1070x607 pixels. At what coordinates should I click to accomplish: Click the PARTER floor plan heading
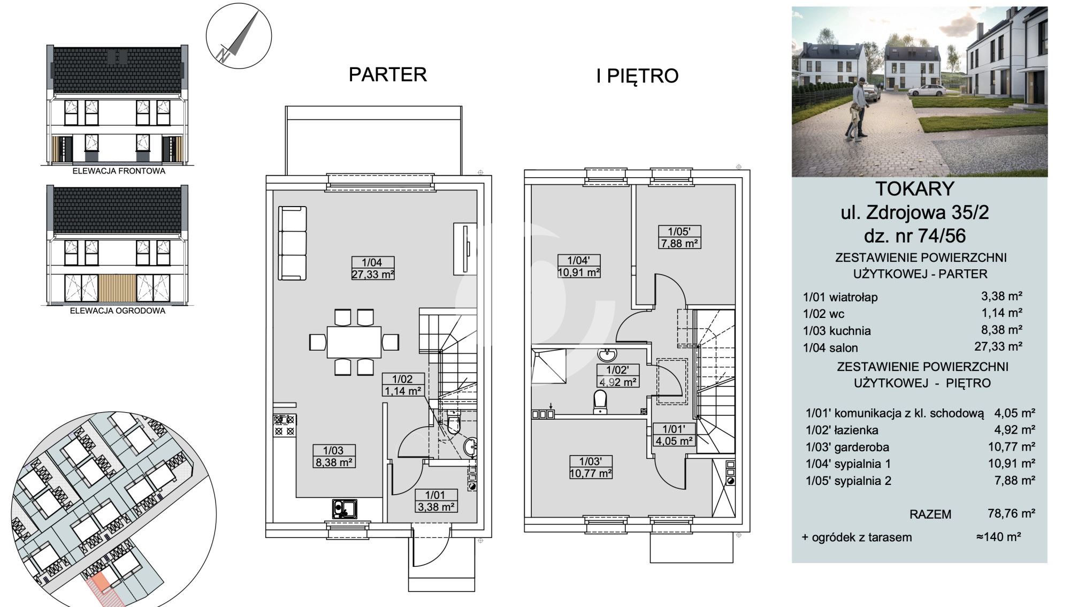pos(388,74)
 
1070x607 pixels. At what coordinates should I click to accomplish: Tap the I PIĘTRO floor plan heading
pos(637,75)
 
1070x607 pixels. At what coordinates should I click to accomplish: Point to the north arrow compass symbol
pos(239,36)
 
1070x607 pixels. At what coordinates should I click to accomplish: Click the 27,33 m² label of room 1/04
pos(373,275)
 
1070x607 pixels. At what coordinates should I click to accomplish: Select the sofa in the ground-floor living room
pos(292,243)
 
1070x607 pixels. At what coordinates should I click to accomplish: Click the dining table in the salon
pos(354,342)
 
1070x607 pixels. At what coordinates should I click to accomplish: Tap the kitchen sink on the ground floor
pos(345,509)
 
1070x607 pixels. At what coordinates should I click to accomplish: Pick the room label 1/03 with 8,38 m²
pos(334,457)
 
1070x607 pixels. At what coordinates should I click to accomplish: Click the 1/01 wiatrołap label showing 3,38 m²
pos(436,500)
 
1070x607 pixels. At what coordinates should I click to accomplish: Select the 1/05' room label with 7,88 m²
pos(679,237)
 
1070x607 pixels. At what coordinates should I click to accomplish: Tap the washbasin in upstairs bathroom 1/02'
pos(607,354)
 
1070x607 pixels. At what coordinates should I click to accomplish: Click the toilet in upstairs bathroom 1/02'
pos(600,402)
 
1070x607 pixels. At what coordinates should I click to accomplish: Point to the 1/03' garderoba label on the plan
pos(591,467)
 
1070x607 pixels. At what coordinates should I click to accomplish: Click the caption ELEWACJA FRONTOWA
pos(119,171)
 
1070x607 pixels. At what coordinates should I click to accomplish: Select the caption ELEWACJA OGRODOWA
pos(118,310)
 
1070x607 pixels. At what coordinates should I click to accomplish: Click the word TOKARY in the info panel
pos(915,188)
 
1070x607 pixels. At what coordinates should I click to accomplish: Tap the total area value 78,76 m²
pos(1011,513)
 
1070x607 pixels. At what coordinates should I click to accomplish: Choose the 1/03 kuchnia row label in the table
pos(837,331)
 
